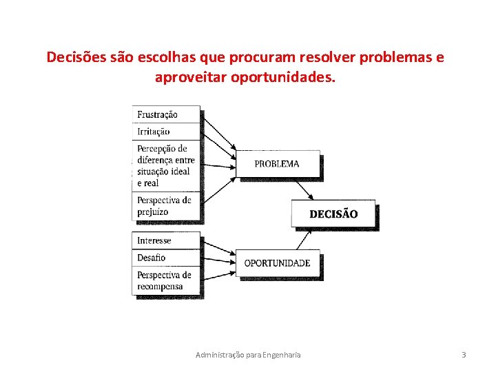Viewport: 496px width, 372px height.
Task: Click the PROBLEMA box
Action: coord(277,164)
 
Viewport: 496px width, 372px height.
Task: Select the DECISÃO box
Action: coord(333,214)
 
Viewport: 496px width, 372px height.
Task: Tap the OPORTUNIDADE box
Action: coord(278,262)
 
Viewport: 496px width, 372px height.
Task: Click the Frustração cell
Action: coord(165,114)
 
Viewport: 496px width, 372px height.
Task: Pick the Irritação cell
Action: coord(165,132)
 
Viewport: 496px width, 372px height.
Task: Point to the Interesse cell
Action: coord(165,240)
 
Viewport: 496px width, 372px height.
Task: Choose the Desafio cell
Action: coord(165,258)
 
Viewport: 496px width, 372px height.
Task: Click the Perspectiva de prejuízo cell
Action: coord(165,206)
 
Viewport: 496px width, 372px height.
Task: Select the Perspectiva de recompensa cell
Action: coord(165,280)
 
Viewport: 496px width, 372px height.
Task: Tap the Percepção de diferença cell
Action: coord(165,166)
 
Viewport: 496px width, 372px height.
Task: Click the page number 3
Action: coord(464,355)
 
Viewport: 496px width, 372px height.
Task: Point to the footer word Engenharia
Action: coord(283,355)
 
